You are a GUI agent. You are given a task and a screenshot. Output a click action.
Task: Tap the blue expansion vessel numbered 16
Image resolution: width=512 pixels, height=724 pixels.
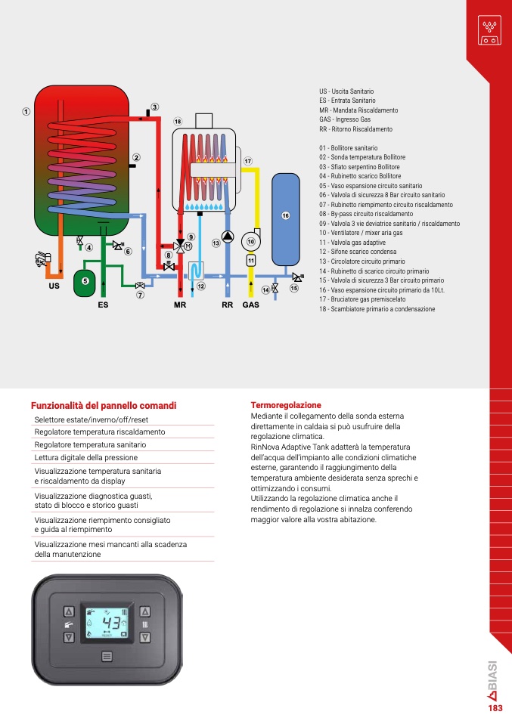coord(286,219)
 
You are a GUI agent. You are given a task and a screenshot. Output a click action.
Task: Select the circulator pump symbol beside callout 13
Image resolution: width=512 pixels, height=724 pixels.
coord(228,237)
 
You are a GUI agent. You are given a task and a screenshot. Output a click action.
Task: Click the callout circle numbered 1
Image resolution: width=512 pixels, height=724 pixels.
coord(26,112)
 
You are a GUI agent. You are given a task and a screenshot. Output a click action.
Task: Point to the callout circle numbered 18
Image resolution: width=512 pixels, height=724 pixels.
coord(178,122)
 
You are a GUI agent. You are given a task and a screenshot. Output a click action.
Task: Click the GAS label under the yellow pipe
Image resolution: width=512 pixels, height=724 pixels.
coord(251,305)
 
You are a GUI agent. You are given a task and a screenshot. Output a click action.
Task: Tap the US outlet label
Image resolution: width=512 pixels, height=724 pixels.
coord(54,286)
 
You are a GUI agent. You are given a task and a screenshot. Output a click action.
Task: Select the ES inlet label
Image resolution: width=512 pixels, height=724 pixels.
coord(103,305)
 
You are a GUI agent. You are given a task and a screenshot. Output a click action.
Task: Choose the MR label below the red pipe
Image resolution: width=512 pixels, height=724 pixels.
coord(180,305)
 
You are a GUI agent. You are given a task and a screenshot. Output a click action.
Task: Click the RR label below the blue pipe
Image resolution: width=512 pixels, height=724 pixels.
coord(228,305)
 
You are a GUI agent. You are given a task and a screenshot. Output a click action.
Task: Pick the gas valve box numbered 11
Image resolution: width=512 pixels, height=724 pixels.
coord(251,261)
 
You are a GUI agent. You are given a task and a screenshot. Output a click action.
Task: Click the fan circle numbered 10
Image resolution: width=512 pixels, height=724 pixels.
coord(251,241)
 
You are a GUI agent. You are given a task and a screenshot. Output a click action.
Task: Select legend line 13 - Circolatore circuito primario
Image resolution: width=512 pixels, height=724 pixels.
coord(362,261)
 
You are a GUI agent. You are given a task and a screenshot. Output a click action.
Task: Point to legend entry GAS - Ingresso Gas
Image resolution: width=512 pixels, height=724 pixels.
coord(345,119)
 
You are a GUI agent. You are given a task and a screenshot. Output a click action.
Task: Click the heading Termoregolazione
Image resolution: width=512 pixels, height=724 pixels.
coord(286,405)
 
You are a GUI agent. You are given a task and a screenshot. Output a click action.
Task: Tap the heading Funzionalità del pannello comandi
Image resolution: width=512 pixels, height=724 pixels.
coord(104,405)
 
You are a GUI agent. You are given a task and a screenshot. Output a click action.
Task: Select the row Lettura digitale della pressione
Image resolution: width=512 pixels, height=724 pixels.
coord(86,457)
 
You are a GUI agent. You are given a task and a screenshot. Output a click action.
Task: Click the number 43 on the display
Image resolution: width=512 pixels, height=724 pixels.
coord(111,623)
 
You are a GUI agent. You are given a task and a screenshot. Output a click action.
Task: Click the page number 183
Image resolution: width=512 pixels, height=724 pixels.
coord(495,708)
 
